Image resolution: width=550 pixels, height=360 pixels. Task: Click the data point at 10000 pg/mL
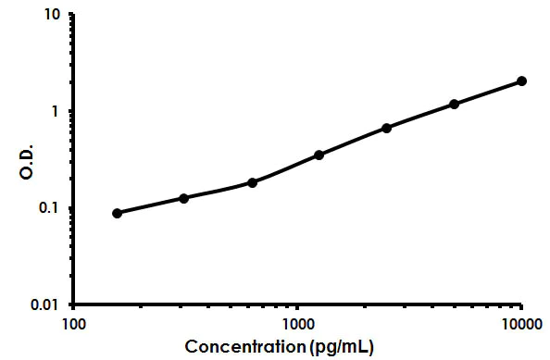click(x=521, y=81)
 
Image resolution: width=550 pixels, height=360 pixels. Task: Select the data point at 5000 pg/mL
click(x=454, y=105)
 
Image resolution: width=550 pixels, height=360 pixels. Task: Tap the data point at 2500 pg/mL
click(x=386, y=128)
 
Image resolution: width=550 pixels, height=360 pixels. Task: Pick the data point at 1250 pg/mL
click(x=319, y=155)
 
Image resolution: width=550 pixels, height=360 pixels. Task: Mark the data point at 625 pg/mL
click(x=252, y=182)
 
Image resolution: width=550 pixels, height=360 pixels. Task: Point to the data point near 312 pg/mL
click(x=184, y=198)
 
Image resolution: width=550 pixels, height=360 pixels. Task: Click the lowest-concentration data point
click(x=118, y=213)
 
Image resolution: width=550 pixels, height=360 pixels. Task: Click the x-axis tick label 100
click(x=75, y=325)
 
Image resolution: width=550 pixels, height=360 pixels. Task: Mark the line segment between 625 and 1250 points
click(x=285, y=168)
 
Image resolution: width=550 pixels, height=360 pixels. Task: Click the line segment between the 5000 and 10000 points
click(x=488, y=93)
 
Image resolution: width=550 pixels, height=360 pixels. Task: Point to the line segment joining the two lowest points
click(x=151, y=205)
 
